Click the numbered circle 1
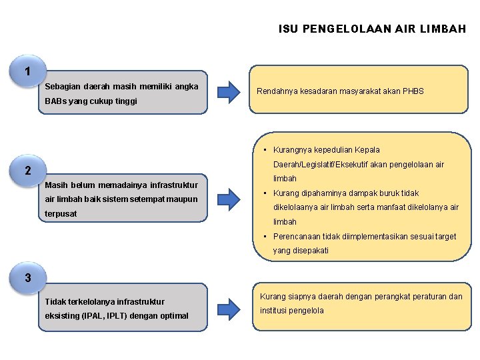pyautogui.click(x=27, y=71)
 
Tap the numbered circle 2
pyautogui.click(x=27, y=171)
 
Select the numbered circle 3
pyautogui.click(x=27, y=278)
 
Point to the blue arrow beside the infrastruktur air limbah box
pyautogui.click(x=228, y=197)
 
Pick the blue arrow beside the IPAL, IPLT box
pyautogui.click(x=228, y=306)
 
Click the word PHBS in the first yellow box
pyautogui.click(x=412, y=91)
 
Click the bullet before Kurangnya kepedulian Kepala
pyautogui.click(x=265, y=150)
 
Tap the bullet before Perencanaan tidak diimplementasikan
pyautogui.click(x=265, y=237)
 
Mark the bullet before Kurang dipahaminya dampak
pyautogui.click(x=265, y=193)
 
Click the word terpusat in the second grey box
pyautogui.click(x=61, y=214)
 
